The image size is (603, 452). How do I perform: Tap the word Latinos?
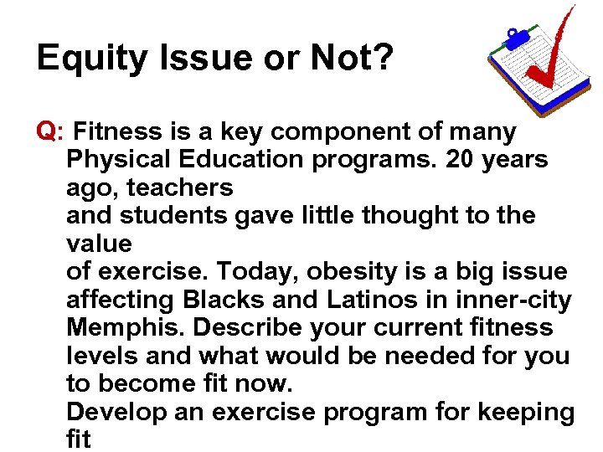tap(378, 299)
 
